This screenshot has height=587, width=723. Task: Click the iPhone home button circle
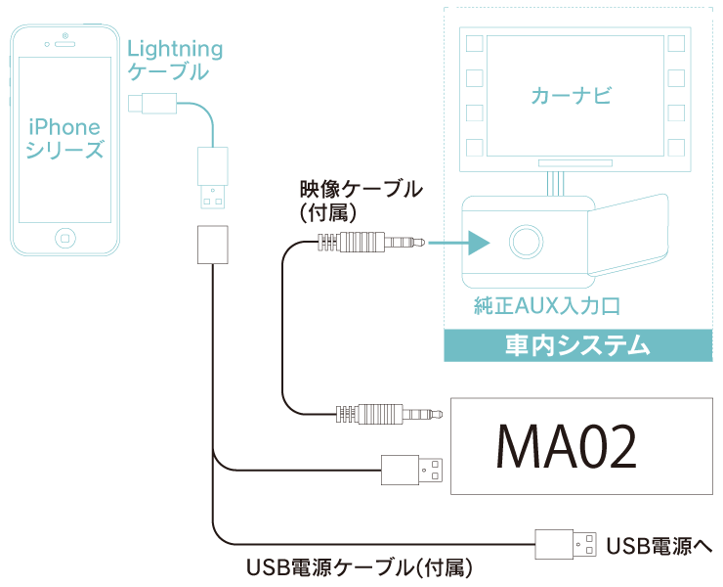(x=65, y=238)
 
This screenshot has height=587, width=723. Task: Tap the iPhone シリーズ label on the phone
(x=65, y=138)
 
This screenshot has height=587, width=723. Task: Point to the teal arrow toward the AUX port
(x=464, y=241)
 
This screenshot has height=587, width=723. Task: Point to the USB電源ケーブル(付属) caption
(x=361, y=566)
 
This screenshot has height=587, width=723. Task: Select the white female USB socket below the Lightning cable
(x=211, y=245)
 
